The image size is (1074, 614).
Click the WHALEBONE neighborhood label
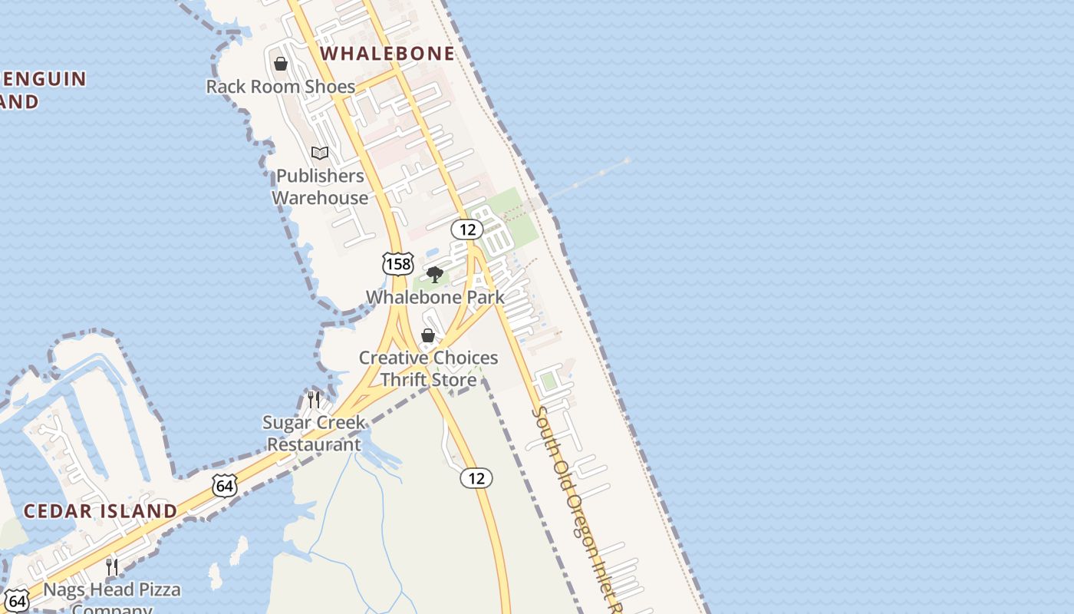point(387,53)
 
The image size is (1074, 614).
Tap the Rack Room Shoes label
point(280,87)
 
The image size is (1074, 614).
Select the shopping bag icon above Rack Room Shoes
point(281,64)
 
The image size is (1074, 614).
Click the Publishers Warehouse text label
point(320,187)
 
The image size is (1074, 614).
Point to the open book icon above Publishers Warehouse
point(320,153)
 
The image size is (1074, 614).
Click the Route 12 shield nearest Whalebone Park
point(466,229)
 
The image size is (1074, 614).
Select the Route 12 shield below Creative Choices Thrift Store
point(476,478)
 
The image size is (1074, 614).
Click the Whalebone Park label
point(435,297)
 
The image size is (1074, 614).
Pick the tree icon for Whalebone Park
point(435,275)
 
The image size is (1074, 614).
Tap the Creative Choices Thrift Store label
point(428,368)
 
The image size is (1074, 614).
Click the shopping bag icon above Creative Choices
point(428,335)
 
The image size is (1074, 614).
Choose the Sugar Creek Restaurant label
point(314,433)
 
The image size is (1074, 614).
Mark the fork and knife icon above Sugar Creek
point(314,399)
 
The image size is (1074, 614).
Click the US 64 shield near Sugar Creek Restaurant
point(225,485)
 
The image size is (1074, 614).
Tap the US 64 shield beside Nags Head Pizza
point(17,599)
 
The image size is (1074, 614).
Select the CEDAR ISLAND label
point(100,511)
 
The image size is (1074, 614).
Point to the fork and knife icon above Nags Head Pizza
point(112,567)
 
